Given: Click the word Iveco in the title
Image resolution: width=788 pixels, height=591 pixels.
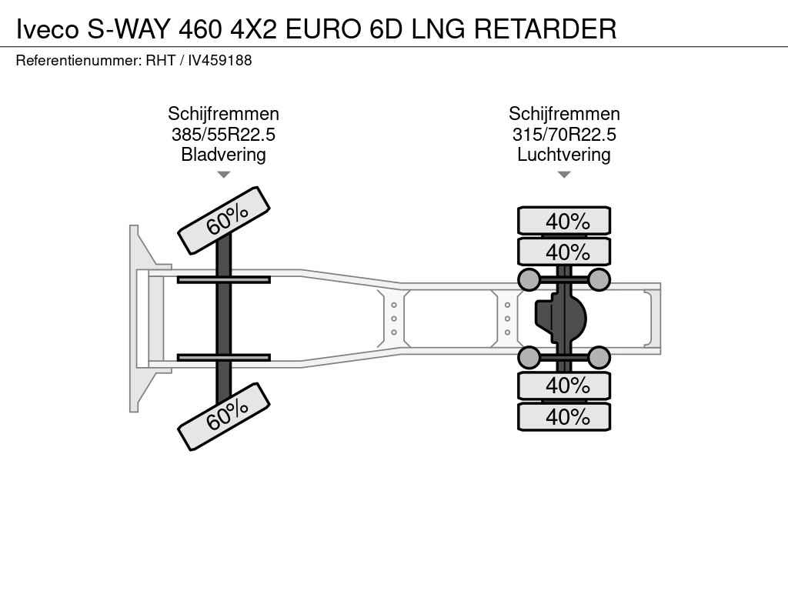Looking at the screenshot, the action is coord(48,28).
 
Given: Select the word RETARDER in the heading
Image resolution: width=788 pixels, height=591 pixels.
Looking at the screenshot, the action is coord(546,28).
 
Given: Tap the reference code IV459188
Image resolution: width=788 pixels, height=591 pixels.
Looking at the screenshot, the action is coord(219,60).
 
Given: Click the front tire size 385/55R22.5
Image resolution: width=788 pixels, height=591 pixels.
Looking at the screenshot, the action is coord(224,134).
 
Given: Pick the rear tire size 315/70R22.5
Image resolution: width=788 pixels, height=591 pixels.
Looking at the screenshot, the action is coord(564,134).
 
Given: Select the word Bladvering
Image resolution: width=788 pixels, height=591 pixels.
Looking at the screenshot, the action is coord(224,154).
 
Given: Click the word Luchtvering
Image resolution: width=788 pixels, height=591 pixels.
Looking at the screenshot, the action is coord(564,154).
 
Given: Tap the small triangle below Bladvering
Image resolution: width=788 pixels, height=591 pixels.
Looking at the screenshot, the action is coord(224,175).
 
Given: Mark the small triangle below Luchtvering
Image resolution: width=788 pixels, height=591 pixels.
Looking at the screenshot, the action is coord(564,175).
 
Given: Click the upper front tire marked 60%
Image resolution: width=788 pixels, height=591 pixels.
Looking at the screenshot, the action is coord(224,220).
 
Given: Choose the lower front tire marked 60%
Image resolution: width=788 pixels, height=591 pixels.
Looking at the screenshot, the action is coord(224,416).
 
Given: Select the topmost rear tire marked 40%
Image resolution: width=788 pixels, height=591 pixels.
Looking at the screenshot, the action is coord(564,221).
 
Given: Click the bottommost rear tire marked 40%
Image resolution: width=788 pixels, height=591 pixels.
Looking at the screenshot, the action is coord(564,416).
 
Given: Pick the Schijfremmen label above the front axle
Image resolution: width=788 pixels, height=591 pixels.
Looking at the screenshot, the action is coord(224,114).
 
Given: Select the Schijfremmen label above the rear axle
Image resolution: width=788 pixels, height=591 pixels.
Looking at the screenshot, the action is coord(564,114).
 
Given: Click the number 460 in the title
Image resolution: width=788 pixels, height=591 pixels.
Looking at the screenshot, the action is coord(200,28).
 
